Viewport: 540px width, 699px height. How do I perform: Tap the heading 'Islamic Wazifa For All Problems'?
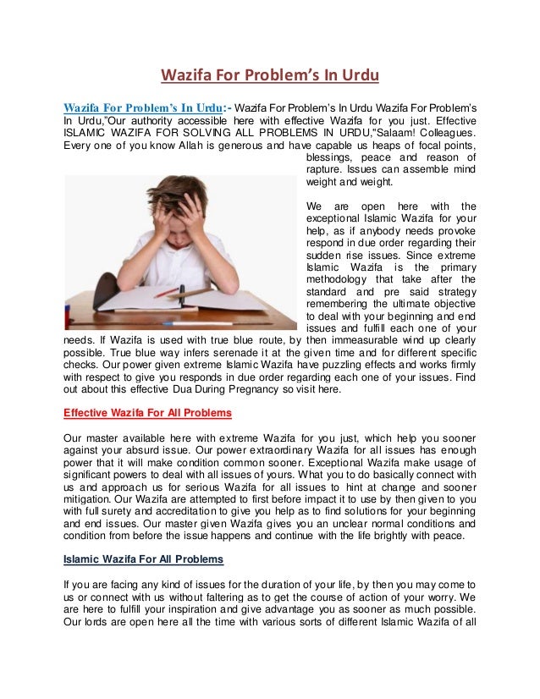pyautogui.click(x=143, y=559)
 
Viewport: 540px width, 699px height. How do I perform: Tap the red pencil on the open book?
pyautogui.click(x=167, y=292)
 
